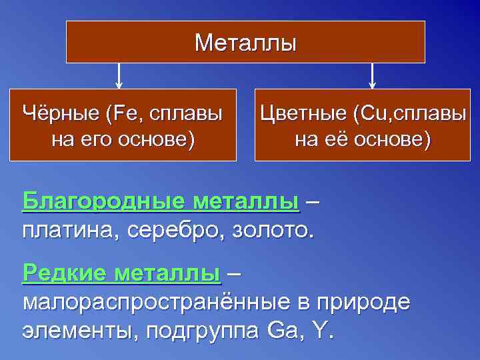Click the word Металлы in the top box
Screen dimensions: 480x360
[245, 43]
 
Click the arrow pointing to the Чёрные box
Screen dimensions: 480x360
[119, 75]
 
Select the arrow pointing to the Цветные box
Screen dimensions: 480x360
[372, 75]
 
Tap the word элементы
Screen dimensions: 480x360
[77, 331]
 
